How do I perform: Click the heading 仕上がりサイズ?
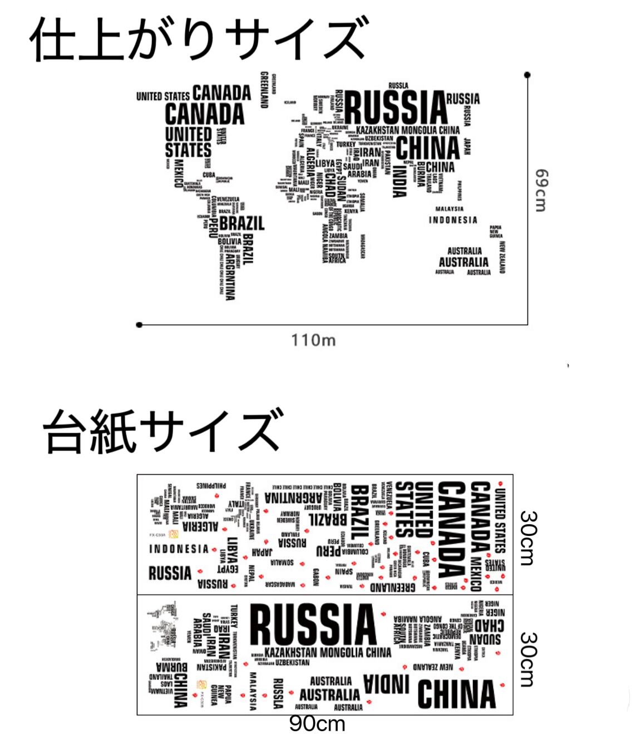tap(199, 39)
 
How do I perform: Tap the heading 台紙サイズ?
tap(163, 431)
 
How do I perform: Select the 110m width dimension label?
tap(313, 340)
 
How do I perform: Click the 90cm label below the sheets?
tap(317, 724)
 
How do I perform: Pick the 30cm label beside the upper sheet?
tap(528, 538)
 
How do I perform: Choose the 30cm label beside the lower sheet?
tap(528, 659)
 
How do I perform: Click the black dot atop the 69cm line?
tap(527, 75)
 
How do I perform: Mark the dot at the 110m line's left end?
tap(139, 325)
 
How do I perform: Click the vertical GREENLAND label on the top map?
tap(265, 90)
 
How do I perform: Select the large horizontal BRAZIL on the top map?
tap(242, 224)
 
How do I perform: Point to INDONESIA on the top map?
tap(453, 220)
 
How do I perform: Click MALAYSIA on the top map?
tap(450, 209)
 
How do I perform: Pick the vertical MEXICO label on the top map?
tap(179, 173)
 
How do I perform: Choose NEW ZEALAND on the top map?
tap(502, 257)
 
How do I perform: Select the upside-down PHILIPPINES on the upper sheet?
tap(211, 485)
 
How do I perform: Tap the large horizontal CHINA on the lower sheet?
tap(456, 694)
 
